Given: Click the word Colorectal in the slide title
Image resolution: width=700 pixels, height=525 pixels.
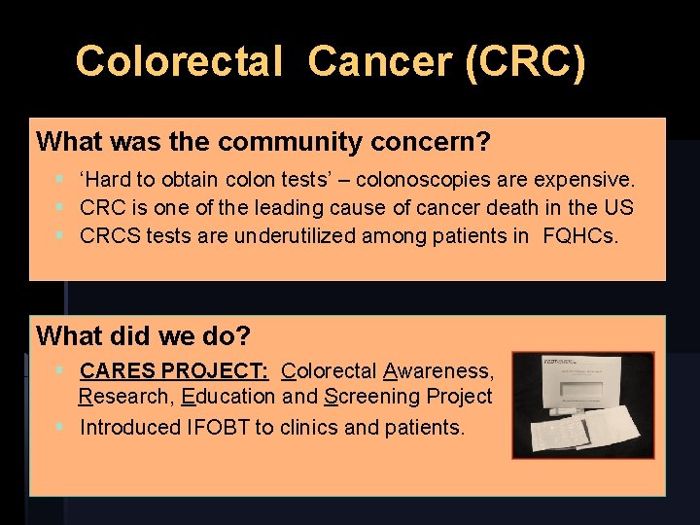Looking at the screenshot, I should click(x=178, y=61).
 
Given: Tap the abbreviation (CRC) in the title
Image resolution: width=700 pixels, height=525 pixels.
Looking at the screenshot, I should click(x=526, y=61).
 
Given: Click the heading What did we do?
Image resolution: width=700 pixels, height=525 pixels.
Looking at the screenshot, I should click(x=143, y=336).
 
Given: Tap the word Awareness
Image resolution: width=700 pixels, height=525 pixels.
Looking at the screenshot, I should click(x=439, y=370).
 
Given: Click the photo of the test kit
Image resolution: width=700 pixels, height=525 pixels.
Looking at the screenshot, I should click(x=582, y=404).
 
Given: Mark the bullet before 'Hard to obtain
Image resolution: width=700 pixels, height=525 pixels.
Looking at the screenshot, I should click(x=60, y=180).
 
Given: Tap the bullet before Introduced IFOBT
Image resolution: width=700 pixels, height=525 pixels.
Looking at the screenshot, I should click(x=60, y=427).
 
